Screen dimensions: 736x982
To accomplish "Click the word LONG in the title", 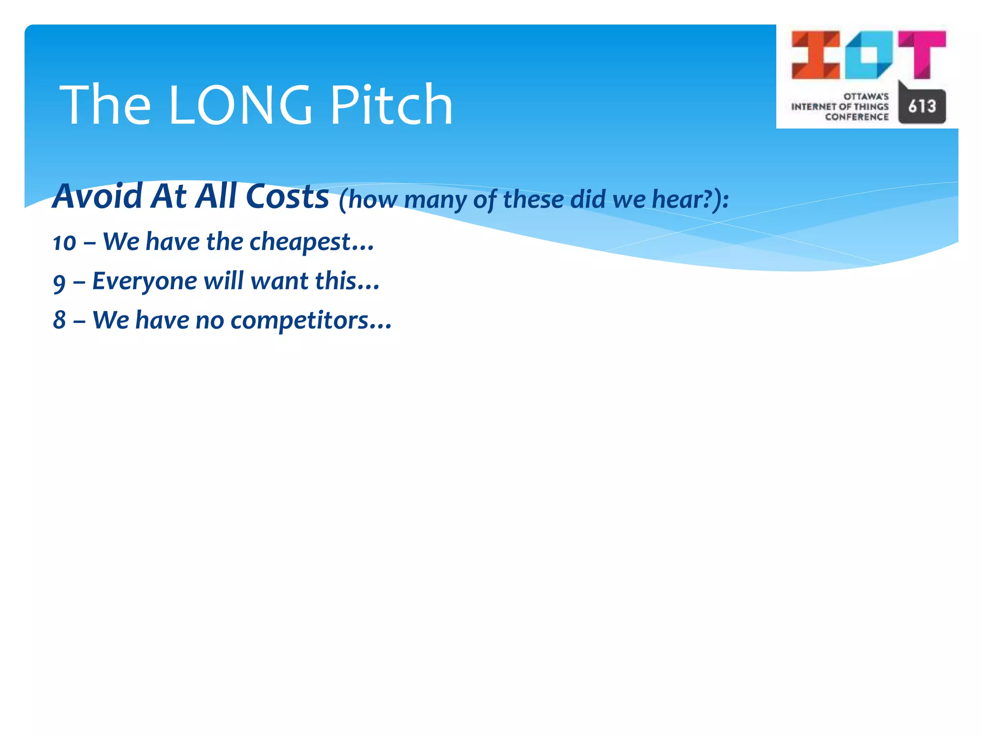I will click(x=240, y=105).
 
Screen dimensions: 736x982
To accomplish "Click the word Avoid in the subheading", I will click(x=98, y=196).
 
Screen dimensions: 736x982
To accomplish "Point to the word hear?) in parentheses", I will click(x=690, y=199).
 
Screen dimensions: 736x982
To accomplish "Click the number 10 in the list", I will click(x=64, y=242).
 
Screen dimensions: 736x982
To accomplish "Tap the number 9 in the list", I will click(x=59, y=283).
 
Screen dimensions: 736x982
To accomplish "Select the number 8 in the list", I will click(x=59, y=320).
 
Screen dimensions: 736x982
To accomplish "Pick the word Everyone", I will click(x=144, y=281).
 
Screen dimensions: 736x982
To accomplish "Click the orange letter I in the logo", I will click(x=815, y=55).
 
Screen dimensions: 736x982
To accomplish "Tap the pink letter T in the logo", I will click(x=922, y=54).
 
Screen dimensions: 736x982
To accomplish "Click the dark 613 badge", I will click(x=922, y=106).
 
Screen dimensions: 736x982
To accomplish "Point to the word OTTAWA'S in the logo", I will click(x=866, y=96).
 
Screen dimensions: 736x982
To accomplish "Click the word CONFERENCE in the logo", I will click(x=856, y=117).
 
